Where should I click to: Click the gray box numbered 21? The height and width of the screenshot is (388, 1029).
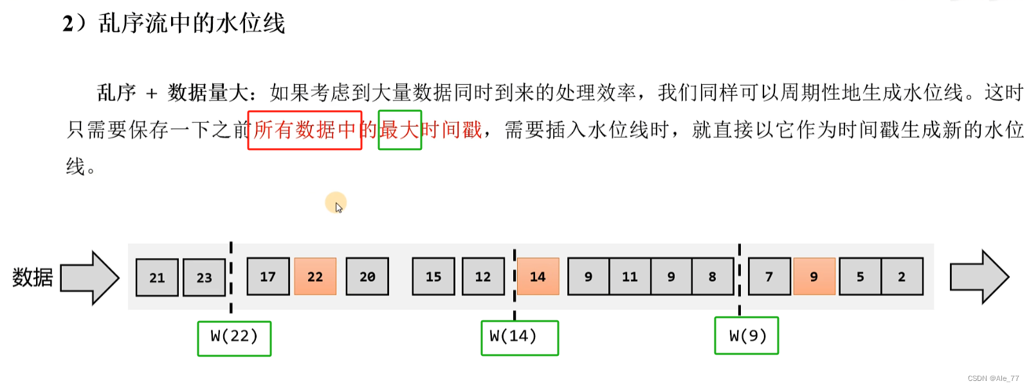[x=157, y=277]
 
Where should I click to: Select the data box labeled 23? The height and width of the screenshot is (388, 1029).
[x=204, y=277]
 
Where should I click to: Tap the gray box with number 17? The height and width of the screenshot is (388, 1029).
[x=268, y=277]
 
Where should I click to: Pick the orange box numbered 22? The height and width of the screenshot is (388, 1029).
[x=315, y=277]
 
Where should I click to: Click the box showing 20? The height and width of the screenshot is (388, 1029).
[x=367, y=277]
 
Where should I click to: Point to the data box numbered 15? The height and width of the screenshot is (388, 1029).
[x=433, y=277]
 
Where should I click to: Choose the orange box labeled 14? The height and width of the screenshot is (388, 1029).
[x=537, y=277]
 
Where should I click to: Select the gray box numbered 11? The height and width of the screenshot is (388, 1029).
[x=630, y=277]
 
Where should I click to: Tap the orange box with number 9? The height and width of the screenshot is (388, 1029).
[x=814, y=277]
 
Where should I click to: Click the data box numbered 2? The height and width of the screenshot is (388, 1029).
[x=902, y=277]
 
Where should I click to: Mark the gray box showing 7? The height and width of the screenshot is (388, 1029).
[x=769, y=277]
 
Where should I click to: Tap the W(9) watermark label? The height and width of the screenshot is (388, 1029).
[x=747, y=336]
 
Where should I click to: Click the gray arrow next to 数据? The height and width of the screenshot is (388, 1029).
[x=90, y=278]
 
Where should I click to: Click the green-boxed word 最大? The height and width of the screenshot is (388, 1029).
[x=399, y=130]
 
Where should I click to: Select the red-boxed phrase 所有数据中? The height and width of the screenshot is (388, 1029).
[x=305, y=130]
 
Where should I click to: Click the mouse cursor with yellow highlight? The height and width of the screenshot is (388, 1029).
[x=336, y=204]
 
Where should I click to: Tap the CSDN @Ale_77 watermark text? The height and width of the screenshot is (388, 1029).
[x=993, y=378]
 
